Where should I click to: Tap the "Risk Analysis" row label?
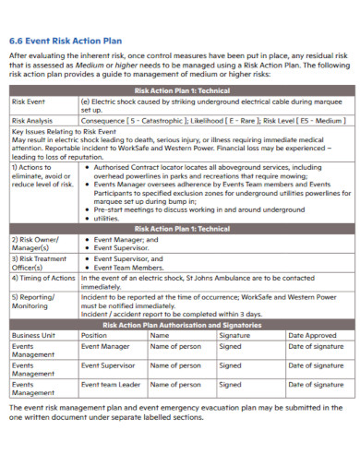tap(33, 120)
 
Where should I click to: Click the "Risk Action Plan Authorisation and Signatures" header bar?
tap(182, 325)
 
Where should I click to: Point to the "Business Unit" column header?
tap(34, 335)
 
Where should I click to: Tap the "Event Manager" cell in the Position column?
tap(105, 346)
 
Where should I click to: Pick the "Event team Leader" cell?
tap(111, 384)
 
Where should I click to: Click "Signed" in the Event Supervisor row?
tap(230, 364)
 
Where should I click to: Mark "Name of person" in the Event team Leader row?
tap(175, 384)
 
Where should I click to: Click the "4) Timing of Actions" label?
tap(43, 277)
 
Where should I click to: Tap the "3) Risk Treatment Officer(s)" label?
tap(39, 261)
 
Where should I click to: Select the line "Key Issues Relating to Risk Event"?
tap(65, 132)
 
